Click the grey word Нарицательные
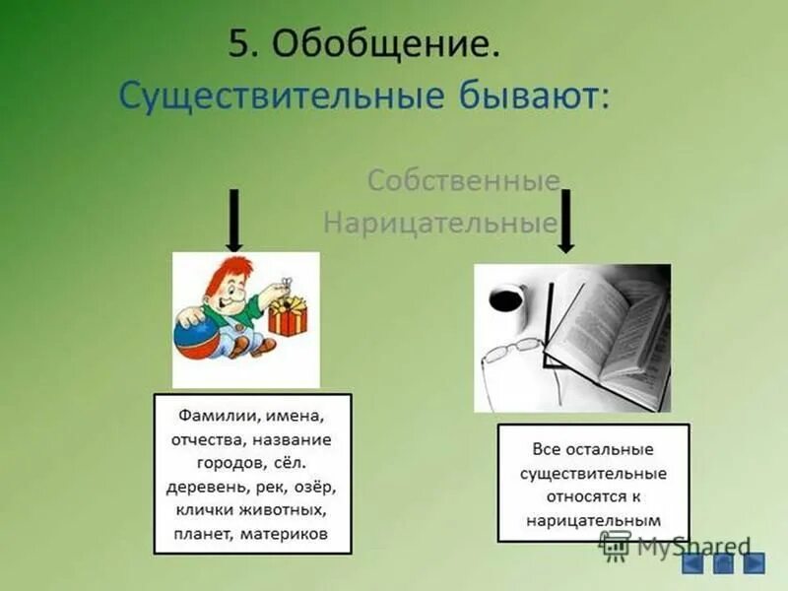[x=439, y=224]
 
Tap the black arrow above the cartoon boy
[x=233, y=219]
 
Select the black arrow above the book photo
[x=566, y=221]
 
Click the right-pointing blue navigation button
[x=753, y=562]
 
